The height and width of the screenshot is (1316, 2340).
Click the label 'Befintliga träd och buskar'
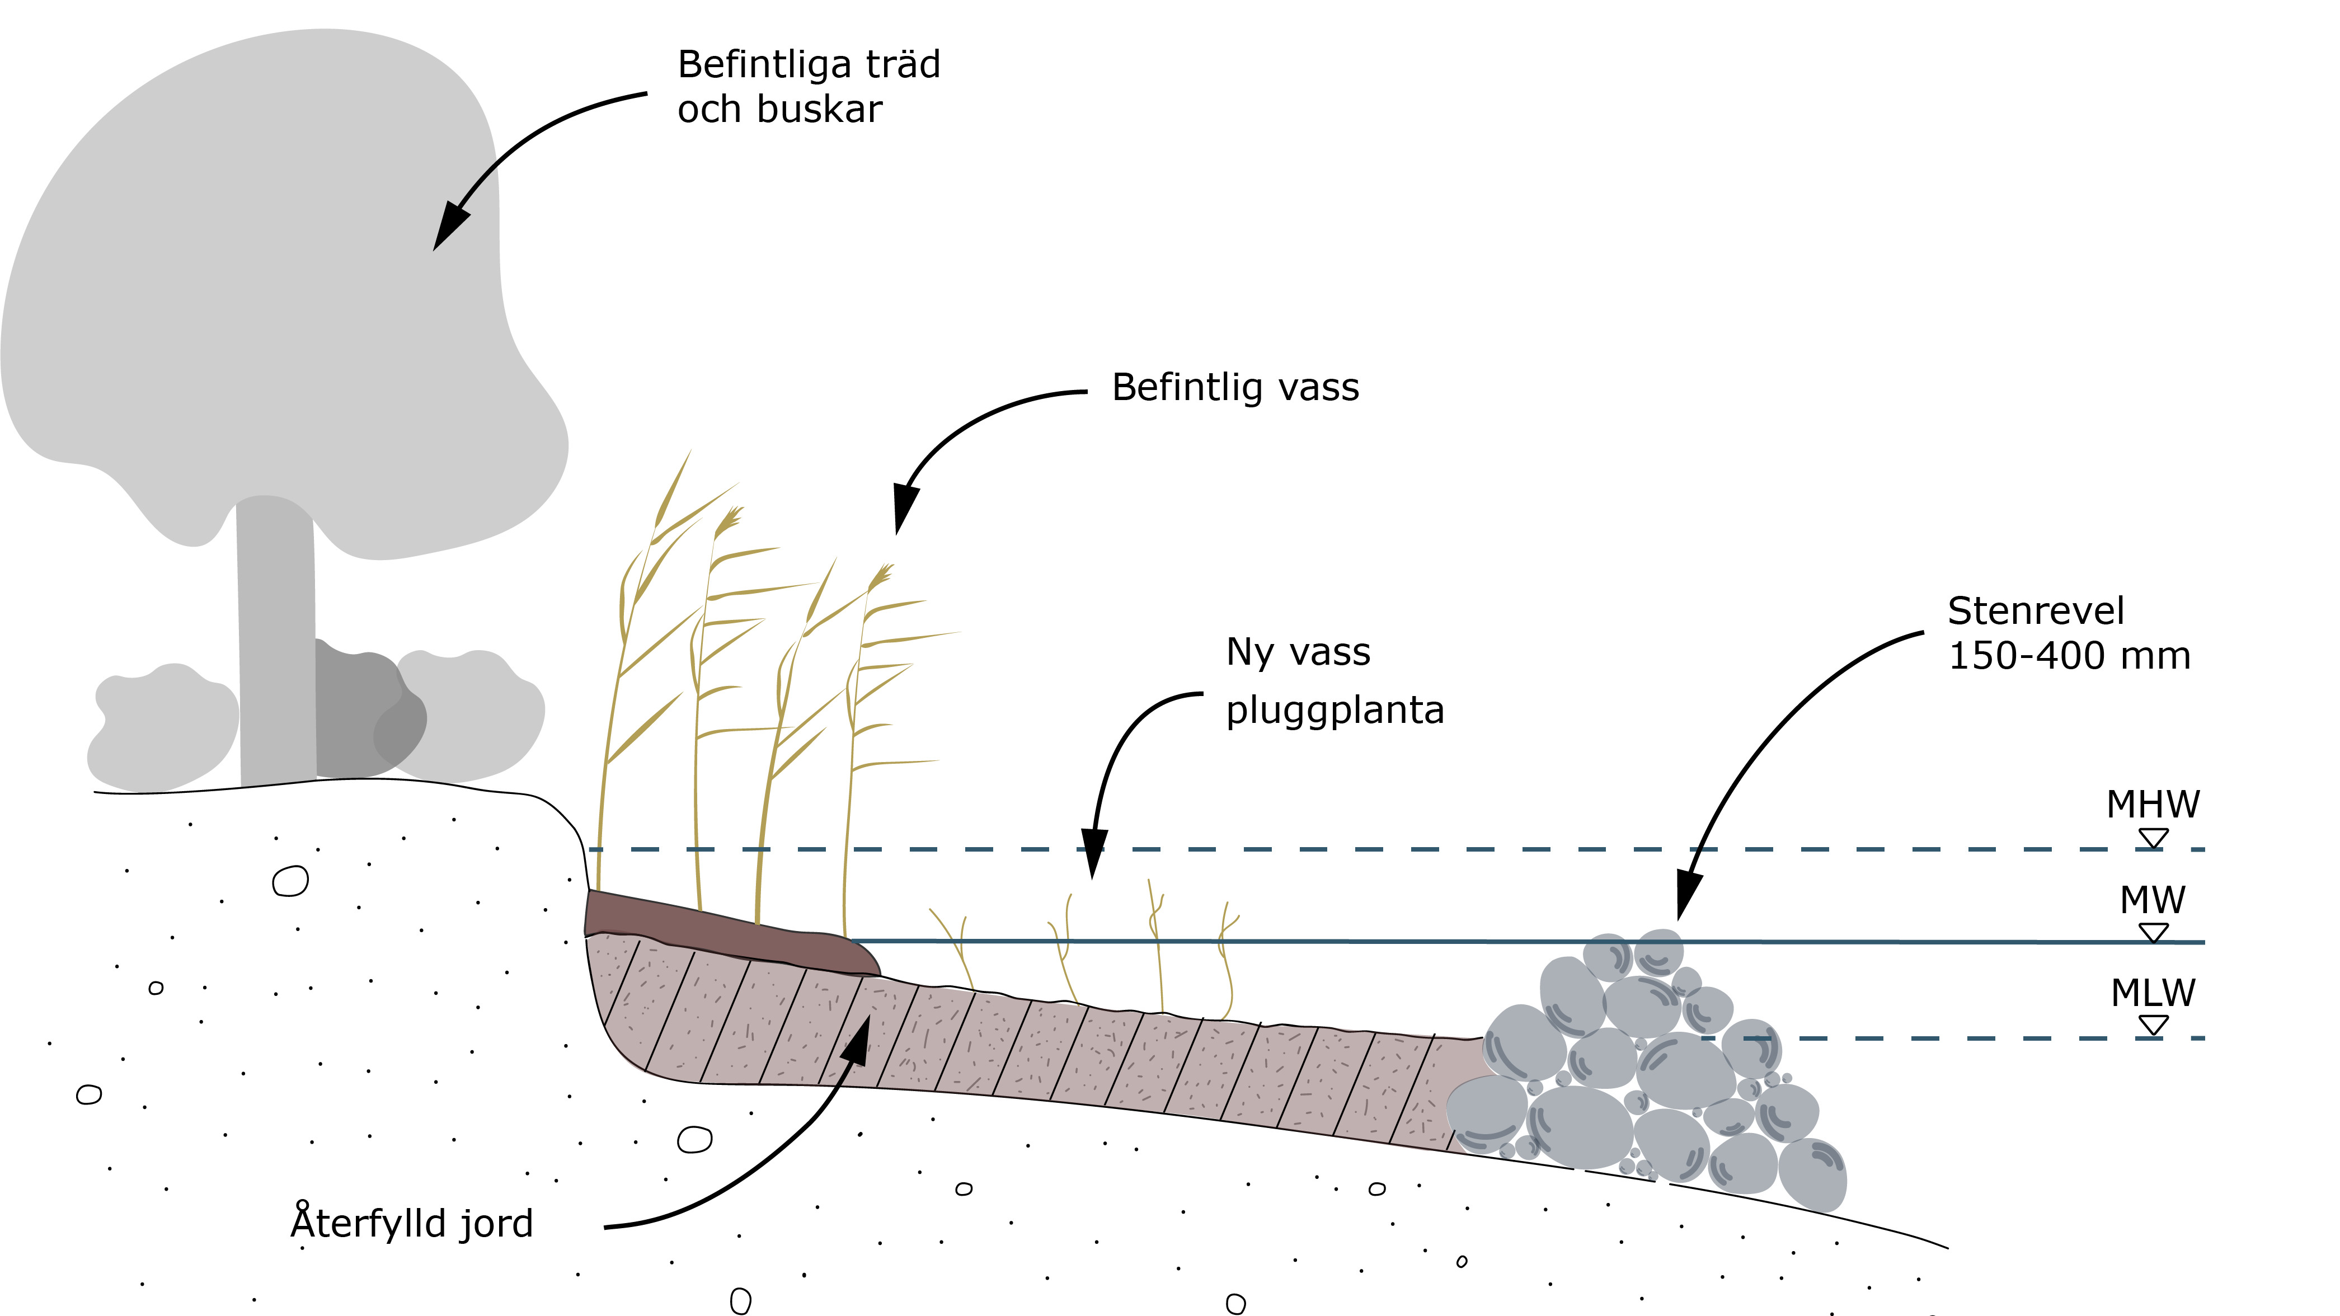[x=809, y=86]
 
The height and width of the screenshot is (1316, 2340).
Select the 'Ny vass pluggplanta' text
[x=1333, y=680]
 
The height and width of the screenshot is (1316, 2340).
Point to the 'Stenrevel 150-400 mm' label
[x=2069, y=633]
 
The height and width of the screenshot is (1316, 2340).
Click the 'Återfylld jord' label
[x=411, y=1223]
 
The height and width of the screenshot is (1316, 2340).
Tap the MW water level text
[x=2152, y=900]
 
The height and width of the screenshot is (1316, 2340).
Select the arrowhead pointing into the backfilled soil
[x=858, y=1040]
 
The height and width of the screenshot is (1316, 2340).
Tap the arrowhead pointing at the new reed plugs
[x=1094, y=854]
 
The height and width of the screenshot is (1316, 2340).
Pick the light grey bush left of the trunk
[x=163, y=727]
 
